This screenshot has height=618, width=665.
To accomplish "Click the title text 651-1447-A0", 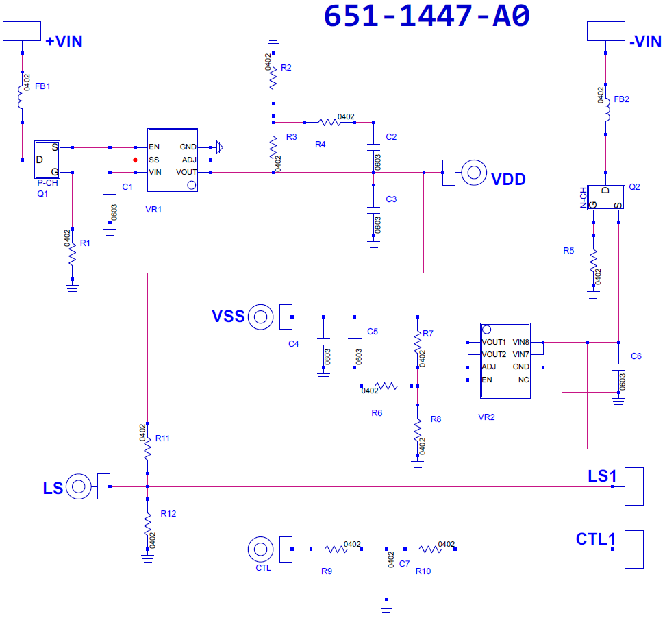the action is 427,16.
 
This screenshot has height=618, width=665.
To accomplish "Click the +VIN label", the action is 64,42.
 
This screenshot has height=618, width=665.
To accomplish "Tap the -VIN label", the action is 646,42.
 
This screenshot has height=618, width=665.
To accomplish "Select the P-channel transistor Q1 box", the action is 47,160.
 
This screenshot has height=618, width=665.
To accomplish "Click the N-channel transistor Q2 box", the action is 606,197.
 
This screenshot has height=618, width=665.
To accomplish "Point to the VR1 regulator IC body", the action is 173,160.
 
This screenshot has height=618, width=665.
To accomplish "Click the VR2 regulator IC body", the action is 505,360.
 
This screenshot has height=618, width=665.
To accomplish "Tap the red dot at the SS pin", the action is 136,160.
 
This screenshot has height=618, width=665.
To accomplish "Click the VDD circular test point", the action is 474,173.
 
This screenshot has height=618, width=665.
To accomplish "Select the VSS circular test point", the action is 260,317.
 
